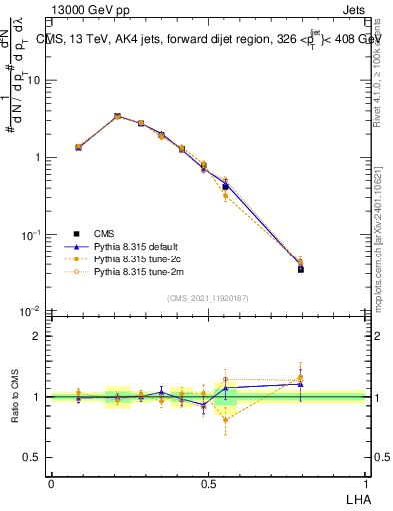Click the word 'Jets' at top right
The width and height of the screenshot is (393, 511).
pos(352,9)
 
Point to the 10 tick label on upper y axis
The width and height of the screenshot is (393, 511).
pos(34,80)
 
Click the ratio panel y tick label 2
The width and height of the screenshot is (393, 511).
pos(38,336)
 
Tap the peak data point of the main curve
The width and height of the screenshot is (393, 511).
pos(118,116)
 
